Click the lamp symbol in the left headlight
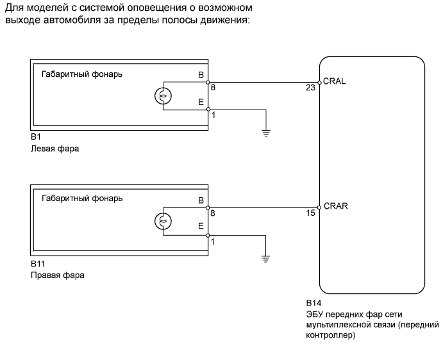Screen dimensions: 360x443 [x=163, y=96]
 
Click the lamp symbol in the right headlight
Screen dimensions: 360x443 [x=163, y=222]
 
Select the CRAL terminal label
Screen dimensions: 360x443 [x=335, y=81]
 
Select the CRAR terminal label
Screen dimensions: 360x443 [x=336, y=206]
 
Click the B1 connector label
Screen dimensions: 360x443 [x=35, y=138]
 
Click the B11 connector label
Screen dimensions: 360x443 [x=37, y=263]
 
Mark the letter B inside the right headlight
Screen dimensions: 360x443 [x=202, y=200]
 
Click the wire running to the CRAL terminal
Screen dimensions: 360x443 [x=263, y=82]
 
